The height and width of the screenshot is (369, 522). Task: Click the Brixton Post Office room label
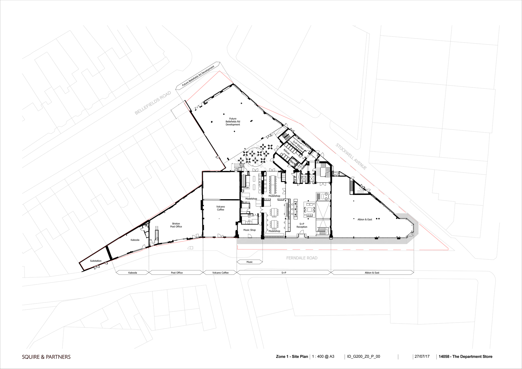176,225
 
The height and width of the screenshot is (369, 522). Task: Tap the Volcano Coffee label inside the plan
221,208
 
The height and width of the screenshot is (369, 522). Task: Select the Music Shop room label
250,230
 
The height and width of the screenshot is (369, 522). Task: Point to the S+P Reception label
302,225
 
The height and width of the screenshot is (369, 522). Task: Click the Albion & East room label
365,219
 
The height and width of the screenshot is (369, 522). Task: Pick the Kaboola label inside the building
135,240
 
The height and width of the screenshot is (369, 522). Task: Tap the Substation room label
96,261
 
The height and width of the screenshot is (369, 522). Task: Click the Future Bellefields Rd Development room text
233,122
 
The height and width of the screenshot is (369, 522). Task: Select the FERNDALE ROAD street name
302,258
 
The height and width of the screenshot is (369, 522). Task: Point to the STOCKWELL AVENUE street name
351,157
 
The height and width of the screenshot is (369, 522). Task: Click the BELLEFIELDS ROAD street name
153,103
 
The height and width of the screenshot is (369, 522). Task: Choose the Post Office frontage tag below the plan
177,273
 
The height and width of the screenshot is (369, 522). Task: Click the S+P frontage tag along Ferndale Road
284,273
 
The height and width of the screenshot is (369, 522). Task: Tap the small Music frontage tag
250,262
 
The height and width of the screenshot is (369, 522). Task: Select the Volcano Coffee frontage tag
220,273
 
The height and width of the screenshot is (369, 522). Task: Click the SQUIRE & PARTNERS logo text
46,357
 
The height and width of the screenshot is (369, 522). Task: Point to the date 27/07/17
422,356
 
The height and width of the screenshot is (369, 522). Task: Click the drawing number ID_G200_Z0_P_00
364,356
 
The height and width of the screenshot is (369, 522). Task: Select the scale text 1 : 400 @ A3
323,356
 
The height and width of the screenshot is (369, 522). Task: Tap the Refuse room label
287,152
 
